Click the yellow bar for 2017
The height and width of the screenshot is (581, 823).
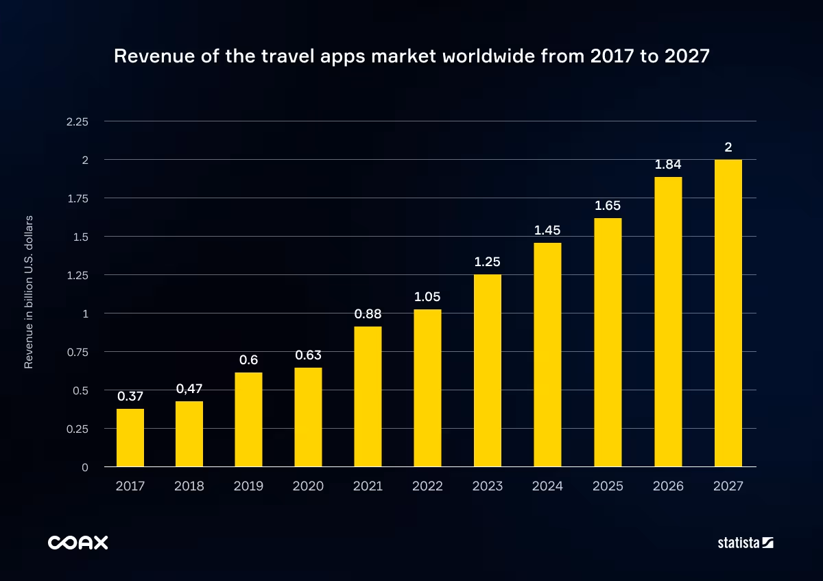coord(130,438)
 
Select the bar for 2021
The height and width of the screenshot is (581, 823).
coord(368,396)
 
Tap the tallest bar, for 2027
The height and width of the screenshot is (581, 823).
coord(728,313)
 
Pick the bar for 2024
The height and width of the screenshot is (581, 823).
coord(547,355)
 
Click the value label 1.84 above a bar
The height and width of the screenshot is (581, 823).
coord(668,165)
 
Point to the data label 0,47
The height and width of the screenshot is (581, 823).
coord(189,389)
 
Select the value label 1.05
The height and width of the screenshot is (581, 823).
coord(427,297)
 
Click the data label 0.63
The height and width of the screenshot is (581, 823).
coord(308,355)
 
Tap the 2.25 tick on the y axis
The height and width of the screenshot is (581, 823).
coord(77,121)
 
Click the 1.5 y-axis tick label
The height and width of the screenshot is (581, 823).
coord(82,237)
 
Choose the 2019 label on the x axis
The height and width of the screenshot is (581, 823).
coord(248,486)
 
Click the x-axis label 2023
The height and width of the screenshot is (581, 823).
coord(487,486)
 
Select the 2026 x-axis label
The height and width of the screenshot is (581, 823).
coord(668,486)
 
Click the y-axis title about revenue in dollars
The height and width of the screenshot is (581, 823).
coord(29,294)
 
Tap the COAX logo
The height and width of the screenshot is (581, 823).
coord(77,543)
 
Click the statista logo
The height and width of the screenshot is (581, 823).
coord(745,543)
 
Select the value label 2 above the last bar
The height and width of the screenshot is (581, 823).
coord(728,147)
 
